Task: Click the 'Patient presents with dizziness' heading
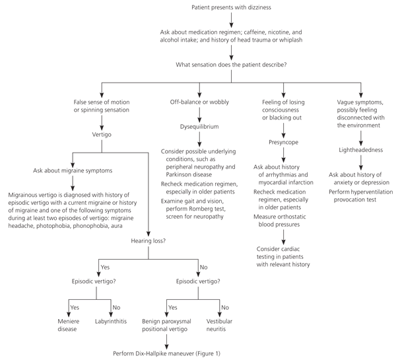tap(231, 7)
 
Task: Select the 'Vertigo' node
tap(102, 135)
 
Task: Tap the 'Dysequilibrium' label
tap(199, 127)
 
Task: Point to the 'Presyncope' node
tap(283, 142)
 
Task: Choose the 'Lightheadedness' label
tap(360, 150)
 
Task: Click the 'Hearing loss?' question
tap(148, 241)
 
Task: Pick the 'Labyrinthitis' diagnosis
tap(111, 321)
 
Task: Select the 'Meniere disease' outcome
tap(69, 325)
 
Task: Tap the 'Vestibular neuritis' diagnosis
tap(219, 325)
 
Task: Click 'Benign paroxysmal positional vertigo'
tap(166, 325)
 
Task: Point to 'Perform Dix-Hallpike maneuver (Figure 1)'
tap(166, 353)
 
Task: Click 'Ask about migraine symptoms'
tap(73, 170)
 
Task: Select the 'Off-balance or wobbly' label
tap(199, 102)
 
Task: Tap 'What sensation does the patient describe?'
tap(231, 65)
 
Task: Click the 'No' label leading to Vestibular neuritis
tap(225, 308)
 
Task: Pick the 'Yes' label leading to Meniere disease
tap(75, 308)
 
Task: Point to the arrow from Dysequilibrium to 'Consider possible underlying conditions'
tap(199, 139)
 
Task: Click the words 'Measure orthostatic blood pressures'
tap(280, 221)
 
